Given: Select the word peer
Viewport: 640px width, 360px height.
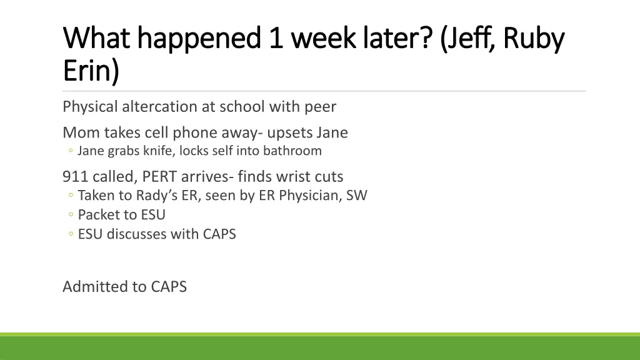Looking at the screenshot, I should [x=320, y=107].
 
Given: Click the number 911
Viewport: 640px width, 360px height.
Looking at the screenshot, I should [x=75, y=177].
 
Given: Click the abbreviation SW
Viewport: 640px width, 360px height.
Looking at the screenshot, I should [x=357, y=196].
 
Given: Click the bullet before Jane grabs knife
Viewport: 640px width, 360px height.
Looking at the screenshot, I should [x=71, y=151].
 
